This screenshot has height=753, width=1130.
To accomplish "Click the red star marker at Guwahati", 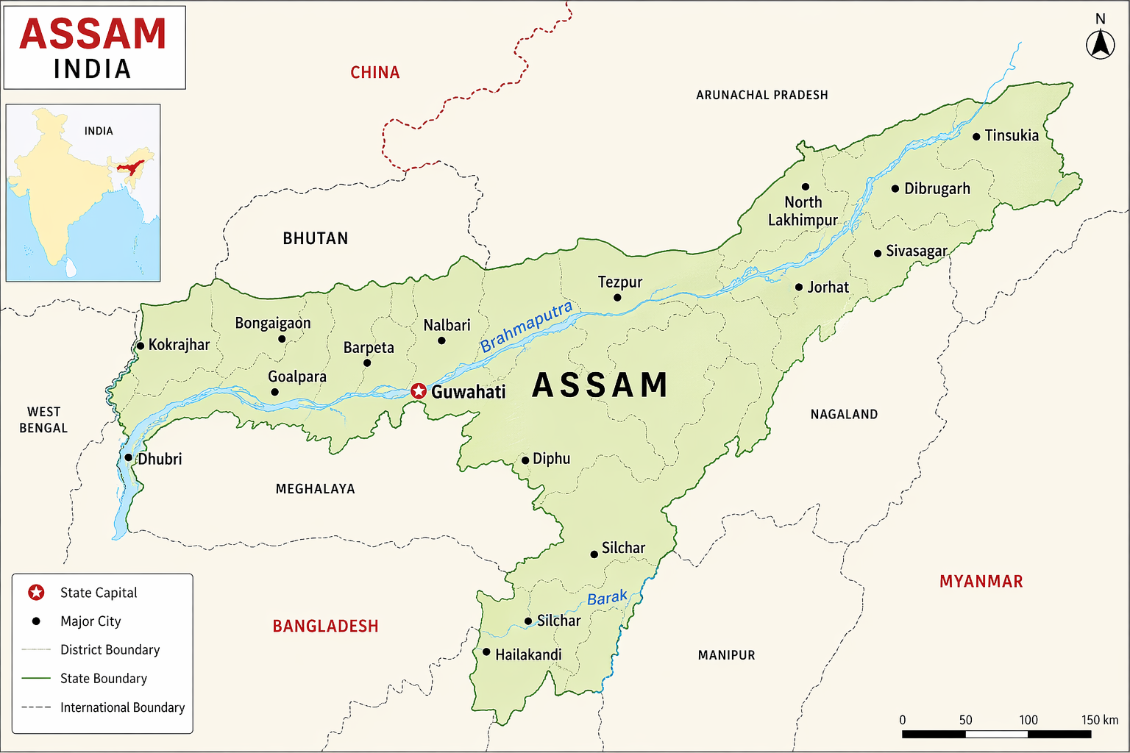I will pos(419,391).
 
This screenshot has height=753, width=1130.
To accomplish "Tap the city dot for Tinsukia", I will pos(976,137).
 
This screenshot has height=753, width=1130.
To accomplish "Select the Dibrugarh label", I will pos(937,189).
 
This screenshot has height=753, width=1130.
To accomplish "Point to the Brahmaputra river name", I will pos(526,327).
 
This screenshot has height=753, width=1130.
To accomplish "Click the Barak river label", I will pos(608,598).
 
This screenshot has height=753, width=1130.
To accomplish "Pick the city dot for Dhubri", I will pos(129,457).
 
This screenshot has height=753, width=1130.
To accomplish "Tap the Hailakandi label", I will pos(527,654).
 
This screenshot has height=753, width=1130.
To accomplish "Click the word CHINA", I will pos(374,73).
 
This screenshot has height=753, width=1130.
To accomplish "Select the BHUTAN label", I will pos(316,238).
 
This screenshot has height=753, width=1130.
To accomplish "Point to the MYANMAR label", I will pos(981,582).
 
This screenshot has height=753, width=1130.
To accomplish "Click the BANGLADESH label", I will pos(325,627).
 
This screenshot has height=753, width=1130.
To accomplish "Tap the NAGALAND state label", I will pos(844,415).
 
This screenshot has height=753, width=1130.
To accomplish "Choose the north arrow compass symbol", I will pos(1100,45).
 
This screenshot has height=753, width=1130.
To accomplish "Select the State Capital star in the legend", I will pos(36,593).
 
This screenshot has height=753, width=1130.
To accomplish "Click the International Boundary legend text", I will pos(122,707).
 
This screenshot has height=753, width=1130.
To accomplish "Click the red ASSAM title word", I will pos(93,34).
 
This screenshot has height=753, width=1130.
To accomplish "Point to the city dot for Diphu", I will pos(525,461).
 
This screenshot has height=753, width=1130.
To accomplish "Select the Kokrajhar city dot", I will pos(141,346).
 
